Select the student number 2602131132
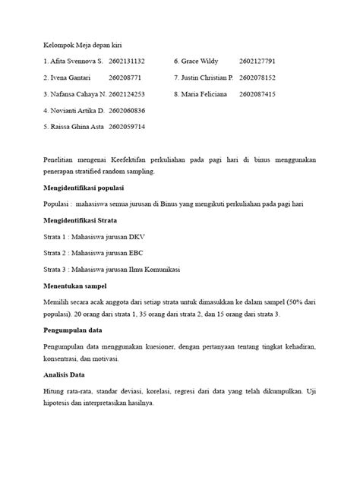click(x=127, y=61)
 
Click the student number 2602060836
click(x=127, y=111)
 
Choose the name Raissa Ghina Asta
click(x=78, y=128)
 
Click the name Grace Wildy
click(x=198, y=61)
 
